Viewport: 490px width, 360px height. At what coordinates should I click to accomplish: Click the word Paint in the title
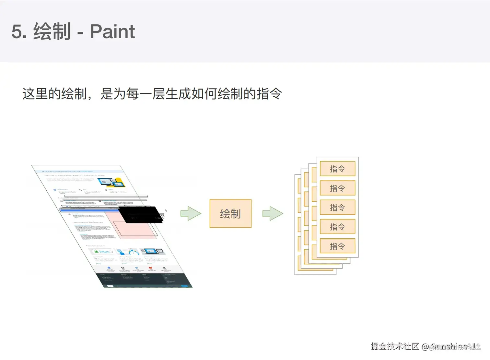point(112,31)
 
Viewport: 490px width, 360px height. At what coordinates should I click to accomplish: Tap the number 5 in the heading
point(17,32)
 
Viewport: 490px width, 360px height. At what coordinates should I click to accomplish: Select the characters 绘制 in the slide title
point(52,31)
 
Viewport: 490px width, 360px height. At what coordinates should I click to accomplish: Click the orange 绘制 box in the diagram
point(230,213)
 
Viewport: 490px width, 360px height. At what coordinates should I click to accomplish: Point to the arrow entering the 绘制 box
point(191,213)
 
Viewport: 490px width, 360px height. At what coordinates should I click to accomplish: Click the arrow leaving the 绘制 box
point(273,213)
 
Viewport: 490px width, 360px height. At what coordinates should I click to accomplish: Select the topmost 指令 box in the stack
point(337,169)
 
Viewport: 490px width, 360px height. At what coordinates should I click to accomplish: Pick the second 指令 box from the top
point(337,188)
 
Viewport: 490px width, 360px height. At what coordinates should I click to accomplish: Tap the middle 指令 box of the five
point(337,207)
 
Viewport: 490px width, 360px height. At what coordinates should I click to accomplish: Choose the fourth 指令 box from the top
point(337,227)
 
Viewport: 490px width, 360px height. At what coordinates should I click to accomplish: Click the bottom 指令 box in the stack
point(337,246)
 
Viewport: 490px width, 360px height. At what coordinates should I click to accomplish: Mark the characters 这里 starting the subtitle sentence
point(35,94)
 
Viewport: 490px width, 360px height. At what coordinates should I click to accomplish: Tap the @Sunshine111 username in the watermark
point(451,346)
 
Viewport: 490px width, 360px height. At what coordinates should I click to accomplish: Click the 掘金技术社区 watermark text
point(395,346)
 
